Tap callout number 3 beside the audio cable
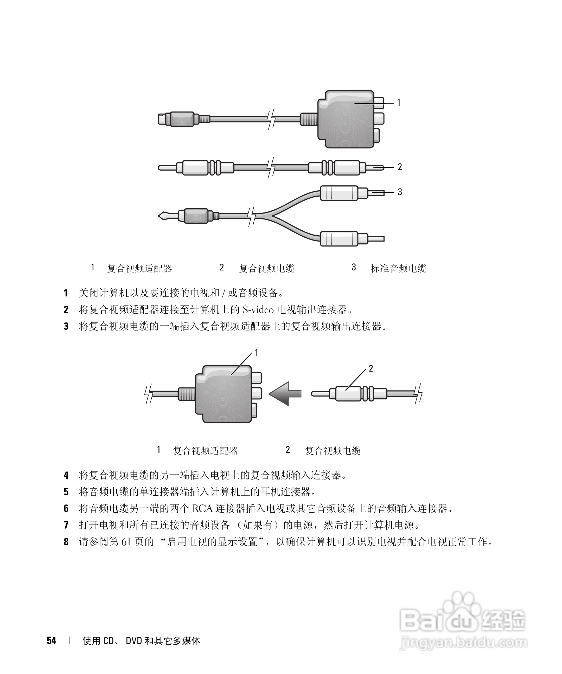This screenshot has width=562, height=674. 400,192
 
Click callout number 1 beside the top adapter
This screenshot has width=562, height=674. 399,103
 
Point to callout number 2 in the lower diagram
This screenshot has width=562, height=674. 371,368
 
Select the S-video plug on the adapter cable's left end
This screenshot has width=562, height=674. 177,119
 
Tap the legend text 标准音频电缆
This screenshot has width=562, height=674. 398,268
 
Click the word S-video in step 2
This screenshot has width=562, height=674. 258,310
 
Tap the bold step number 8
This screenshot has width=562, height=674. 66,542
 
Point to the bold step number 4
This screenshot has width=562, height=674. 66,475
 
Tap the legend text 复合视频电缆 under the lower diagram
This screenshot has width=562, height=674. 332,451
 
